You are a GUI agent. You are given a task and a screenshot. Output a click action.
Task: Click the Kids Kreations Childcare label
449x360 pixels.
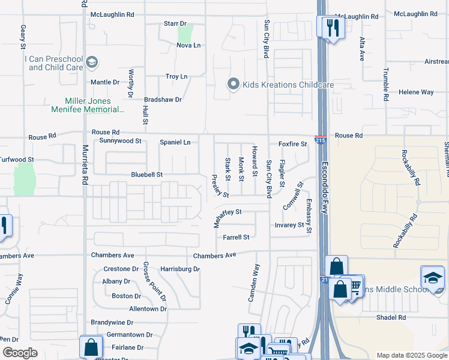(288, 85)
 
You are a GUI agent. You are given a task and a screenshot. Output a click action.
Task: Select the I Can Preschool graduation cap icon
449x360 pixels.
(92, 62)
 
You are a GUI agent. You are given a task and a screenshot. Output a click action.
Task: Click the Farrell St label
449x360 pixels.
(236, 238)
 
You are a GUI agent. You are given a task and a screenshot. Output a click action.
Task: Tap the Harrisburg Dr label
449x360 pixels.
(180, 269)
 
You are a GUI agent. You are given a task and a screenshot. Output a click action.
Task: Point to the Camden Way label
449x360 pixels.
(253, 282)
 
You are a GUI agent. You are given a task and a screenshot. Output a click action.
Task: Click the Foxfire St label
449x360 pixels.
(292, 144)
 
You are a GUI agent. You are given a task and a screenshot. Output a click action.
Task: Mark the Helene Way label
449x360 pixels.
(416, 92)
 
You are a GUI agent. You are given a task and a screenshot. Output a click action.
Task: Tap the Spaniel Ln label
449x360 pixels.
(175, 142)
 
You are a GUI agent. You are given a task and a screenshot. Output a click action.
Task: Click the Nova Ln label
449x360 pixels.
(188, 46)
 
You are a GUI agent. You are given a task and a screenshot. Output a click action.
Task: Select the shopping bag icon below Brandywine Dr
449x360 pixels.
(91, 347)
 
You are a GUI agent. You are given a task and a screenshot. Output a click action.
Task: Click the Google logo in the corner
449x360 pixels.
(20, 352)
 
